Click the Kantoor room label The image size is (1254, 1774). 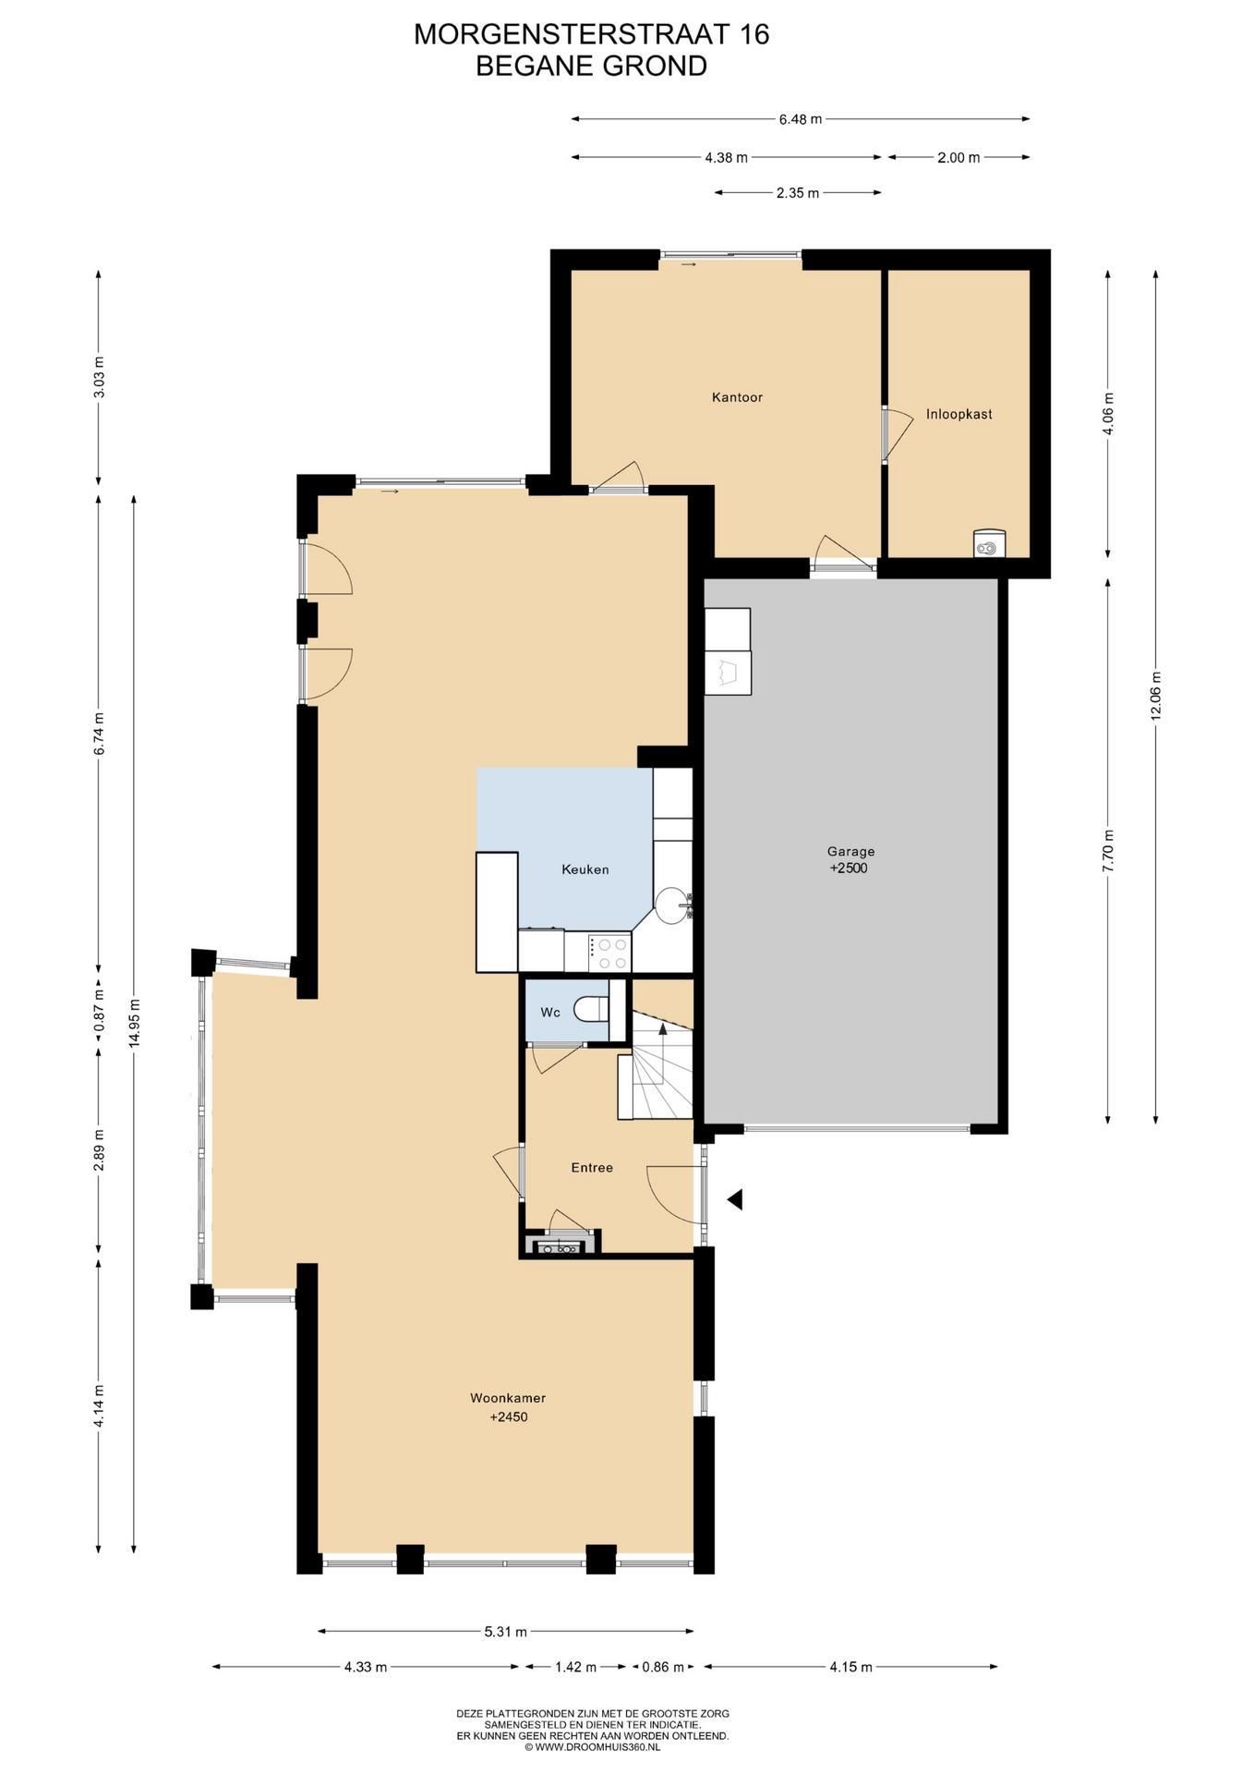pyautogui.click(x=737, y=397)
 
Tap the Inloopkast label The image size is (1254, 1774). pyautogui.click(x=959, y=414)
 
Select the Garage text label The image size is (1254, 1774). pyautogui.click(x=850, y=852)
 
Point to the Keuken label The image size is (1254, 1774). pyautogui.click(x=585, y=869)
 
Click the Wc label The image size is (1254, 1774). pyautogui.click(x=550, y=1013)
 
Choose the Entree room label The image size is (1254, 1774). pyautogui.click(x=592, y=1168)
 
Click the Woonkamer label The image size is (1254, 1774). pyautogui.click(x=508, y=1398)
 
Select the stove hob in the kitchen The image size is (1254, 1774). pyautogui.click(x=609, y=952)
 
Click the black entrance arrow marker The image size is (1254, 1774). pyautogui.click(x=735, y=1199)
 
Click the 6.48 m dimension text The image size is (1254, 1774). pyautogui.click(x=800, y=118)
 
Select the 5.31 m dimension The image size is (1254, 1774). pyautogui.click(x=505, y=1632)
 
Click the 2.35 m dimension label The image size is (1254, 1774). pyautogui.click(x=797, y=193)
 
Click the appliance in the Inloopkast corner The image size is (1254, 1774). pyautogui.click(x=989, y=544)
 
